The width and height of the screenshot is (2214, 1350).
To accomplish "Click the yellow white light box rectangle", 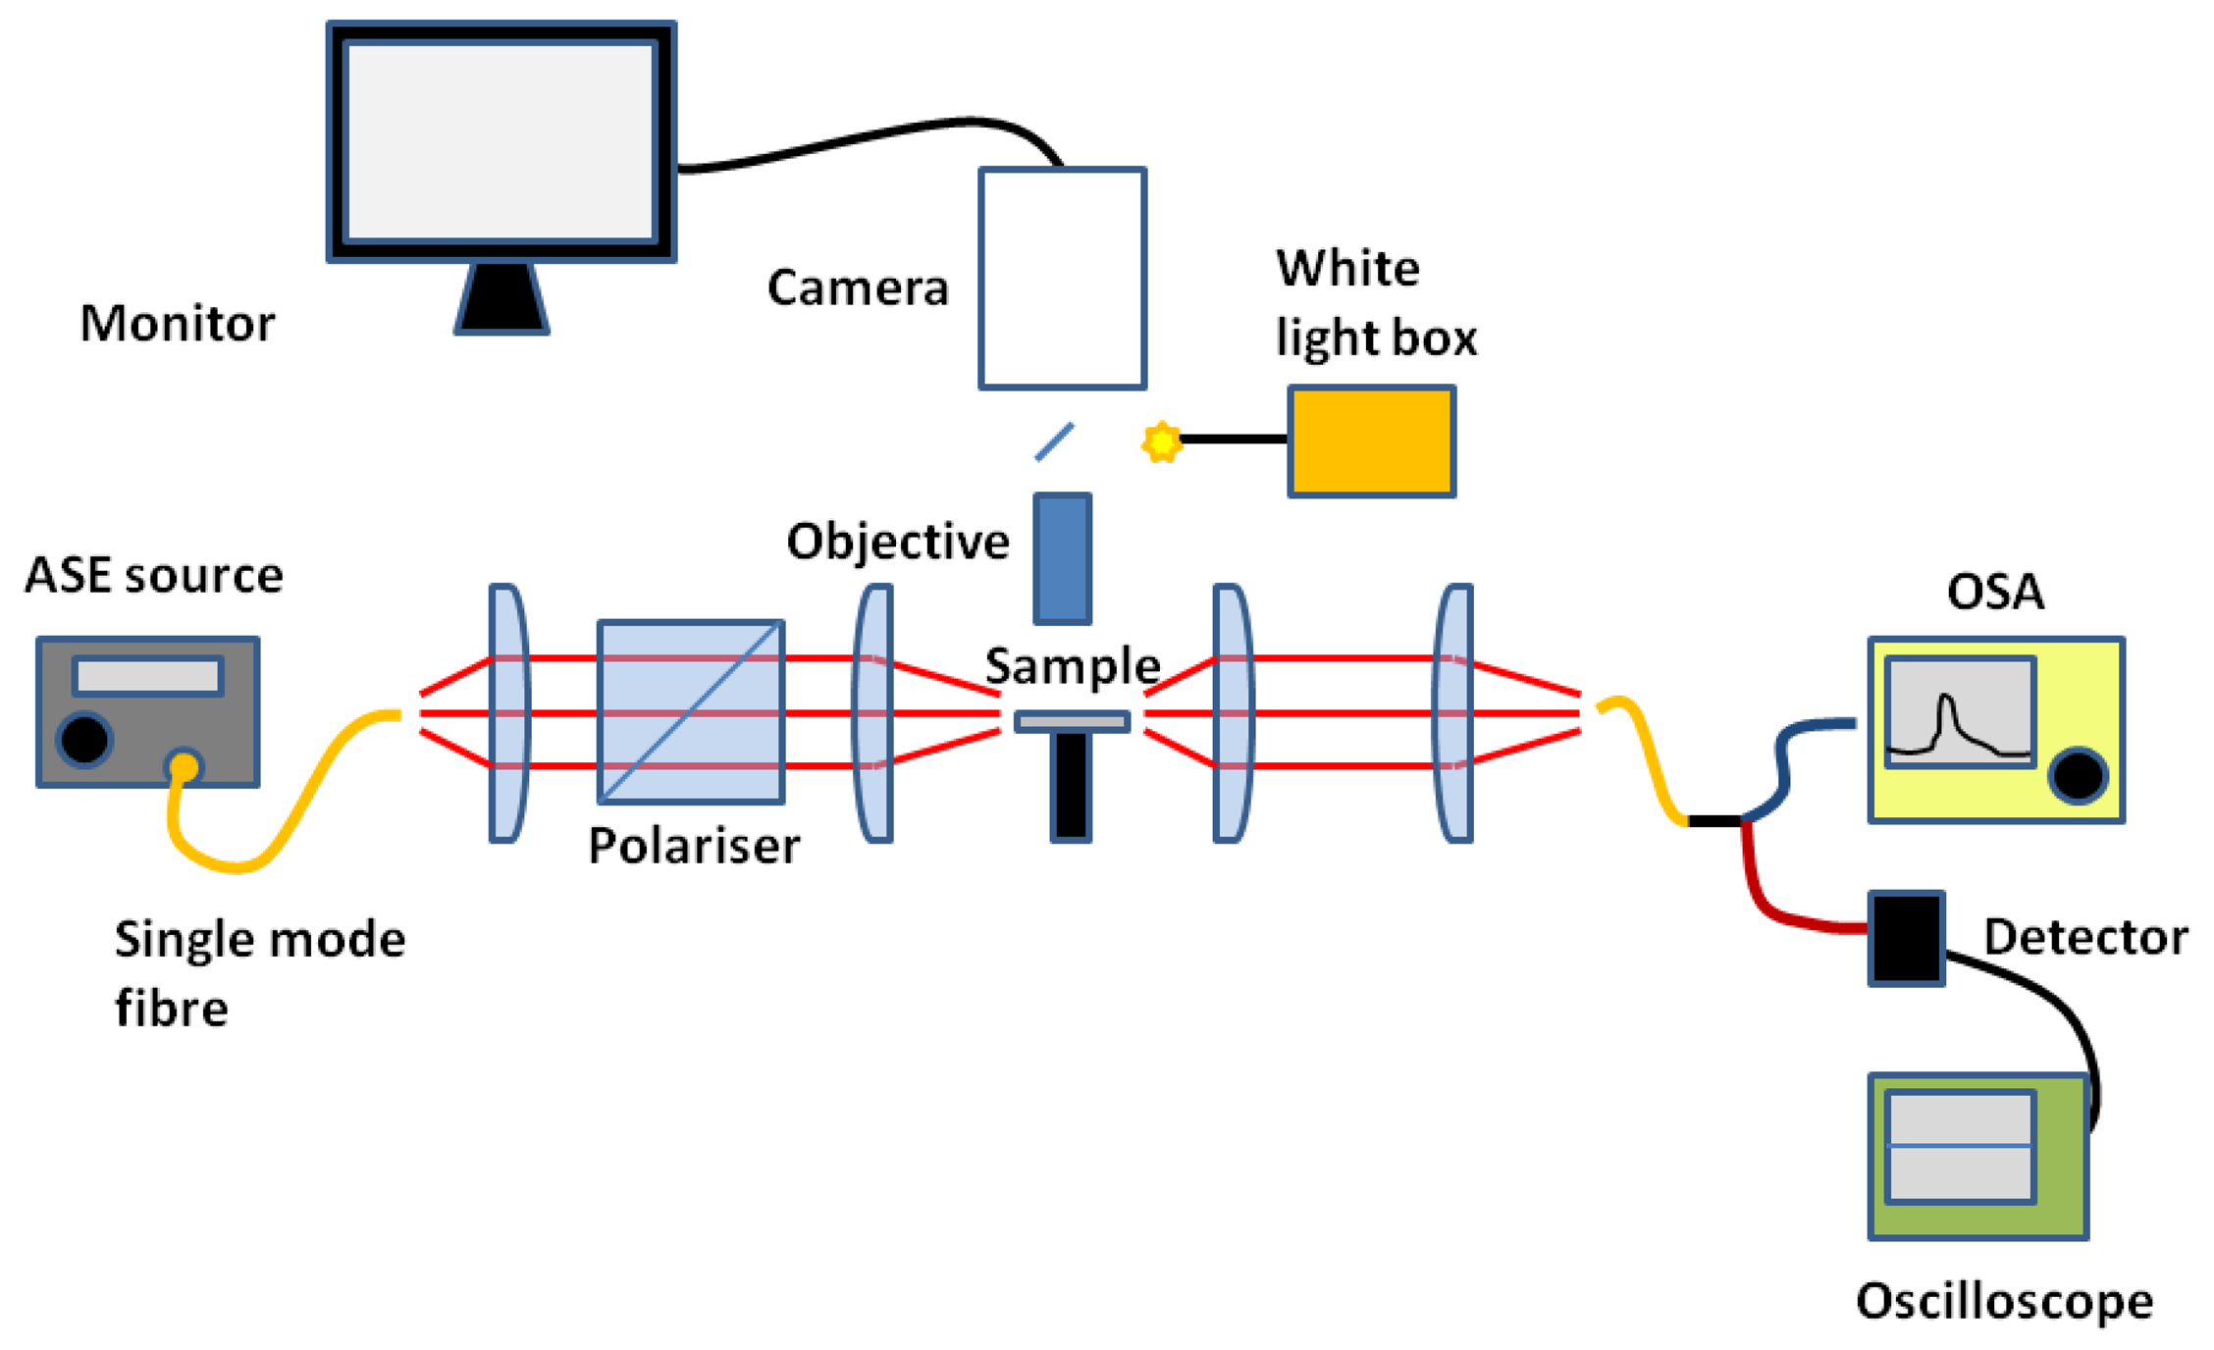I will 1371,441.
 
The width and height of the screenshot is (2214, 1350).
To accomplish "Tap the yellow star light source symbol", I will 1162,441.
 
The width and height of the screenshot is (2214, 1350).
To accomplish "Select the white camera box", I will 1062,279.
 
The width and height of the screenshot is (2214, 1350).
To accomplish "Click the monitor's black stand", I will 501,298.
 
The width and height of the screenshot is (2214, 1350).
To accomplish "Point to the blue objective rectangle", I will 1062,558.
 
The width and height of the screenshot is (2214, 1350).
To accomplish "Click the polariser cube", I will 691,712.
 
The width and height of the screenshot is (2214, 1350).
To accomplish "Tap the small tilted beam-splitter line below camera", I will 1054,441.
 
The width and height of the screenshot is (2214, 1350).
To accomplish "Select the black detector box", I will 1906,938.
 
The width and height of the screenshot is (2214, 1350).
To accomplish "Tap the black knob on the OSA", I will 2078,776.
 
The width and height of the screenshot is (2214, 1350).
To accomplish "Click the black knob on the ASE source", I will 84,739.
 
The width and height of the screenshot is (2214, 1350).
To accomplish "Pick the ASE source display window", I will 147,676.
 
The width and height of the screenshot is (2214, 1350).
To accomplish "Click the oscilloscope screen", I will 1960,1146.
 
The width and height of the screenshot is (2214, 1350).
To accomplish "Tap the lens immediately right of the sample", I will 1232,713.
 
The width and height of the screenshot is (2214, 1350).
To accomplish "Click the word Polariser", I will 694,846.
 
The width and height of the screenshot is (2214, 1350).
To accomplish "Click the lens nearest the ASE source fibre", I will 507,713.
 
